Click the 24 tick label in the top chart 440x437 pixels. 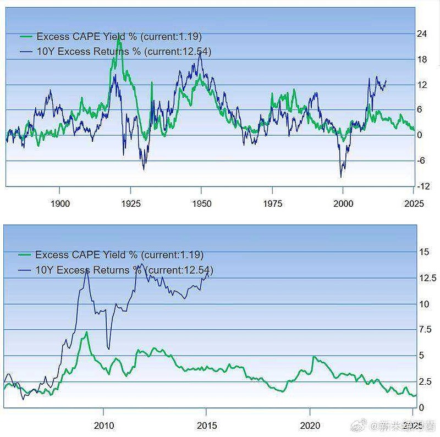(422, 34)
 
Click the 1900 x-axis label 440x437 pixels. (59, 203)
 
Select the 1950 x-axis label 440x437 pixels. (201, 203)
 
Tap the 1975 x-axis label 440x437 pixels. (272, 203)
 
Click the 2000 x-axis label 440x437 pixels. (343, 203)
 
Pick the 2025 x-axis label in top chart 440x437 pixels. (414, 203)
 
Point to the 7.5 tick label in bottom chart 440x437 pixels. (425, 330)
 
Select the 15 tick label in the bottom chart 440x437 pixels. (424, 252)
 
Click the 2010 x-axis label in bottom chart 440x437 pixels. (103, 425)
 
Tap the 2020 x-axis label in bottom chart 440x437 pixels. (310, 425)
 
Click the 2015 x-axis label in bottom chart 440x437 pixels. (207, 425)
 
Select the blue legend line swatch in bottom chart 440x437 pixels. (25, 270)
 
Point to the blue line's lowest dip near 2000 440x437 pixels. (341, 176)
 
